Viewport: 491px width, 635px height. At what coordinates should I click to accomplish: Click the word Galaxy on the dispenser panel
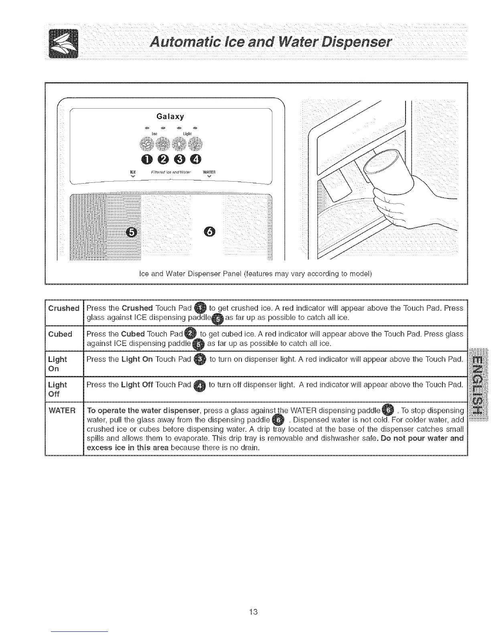click(x=170, y=117)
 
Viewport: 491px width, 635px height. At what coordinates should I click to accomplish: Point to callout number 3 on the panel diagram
click(x=180, y=159)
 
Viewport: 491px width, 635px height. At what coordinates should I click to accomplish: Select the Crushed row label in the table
click(x=63, y=308)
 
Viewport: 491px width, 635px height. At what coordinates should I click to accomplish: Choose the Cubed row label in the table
click(x=60, y=334)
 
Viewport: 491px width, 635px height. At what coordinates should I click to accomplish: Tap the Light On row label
click(x=57, y=363)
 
